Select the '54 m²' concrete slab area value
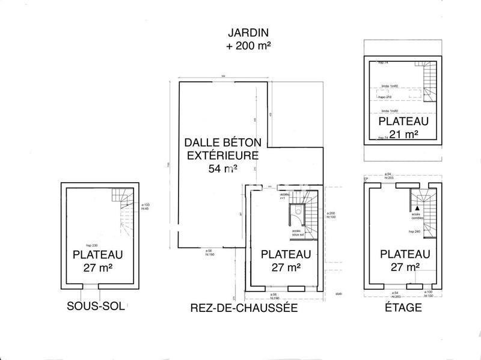pyautogui.click(x=222, y=168)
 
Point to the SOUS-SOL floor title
pyautogui.click(x=96, y=307)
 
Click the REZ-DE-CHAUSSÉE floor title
pyautogui.click(x=244, y=308)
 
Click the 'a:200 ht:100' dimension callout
pyautogui.click(x=330, y=215)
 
